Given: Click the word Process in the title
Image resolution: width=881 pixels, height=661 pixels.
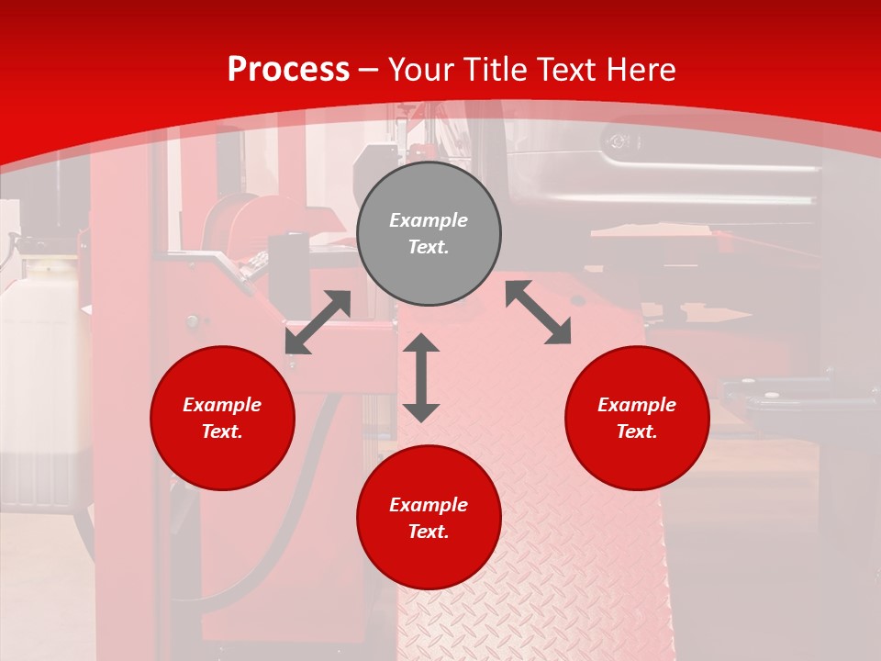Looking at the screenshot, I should [288, 70].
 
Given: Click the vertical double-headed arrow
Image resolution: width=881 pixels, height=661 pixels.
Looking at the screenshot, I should [421, 377].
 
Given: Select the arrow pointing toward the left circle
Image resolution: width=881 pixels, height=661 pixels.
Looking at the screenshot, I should [318, 322].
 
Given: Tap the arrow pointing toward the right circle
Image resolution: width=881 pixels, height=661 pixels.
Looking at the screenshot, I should [538, 312].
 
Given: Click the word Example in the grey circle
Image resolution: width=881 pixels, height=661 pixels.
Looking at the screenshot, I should [429, 220].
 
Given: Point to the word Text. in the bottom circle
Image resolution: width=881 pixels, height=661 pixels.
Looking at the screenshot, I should [429, 532].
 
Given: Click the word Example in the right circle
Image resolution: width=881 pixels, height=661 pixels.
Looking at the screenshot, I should [637, 405].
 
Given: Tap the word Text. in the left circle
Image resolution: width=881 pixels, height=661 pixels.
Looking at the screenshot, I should [222, 431].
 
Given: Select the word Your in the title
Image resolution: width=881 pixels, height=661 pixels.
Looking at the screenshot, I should [420, 70].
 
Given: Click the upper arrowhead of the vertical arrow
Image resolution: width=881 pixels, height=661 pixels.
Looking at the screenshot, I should [421, 343].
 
